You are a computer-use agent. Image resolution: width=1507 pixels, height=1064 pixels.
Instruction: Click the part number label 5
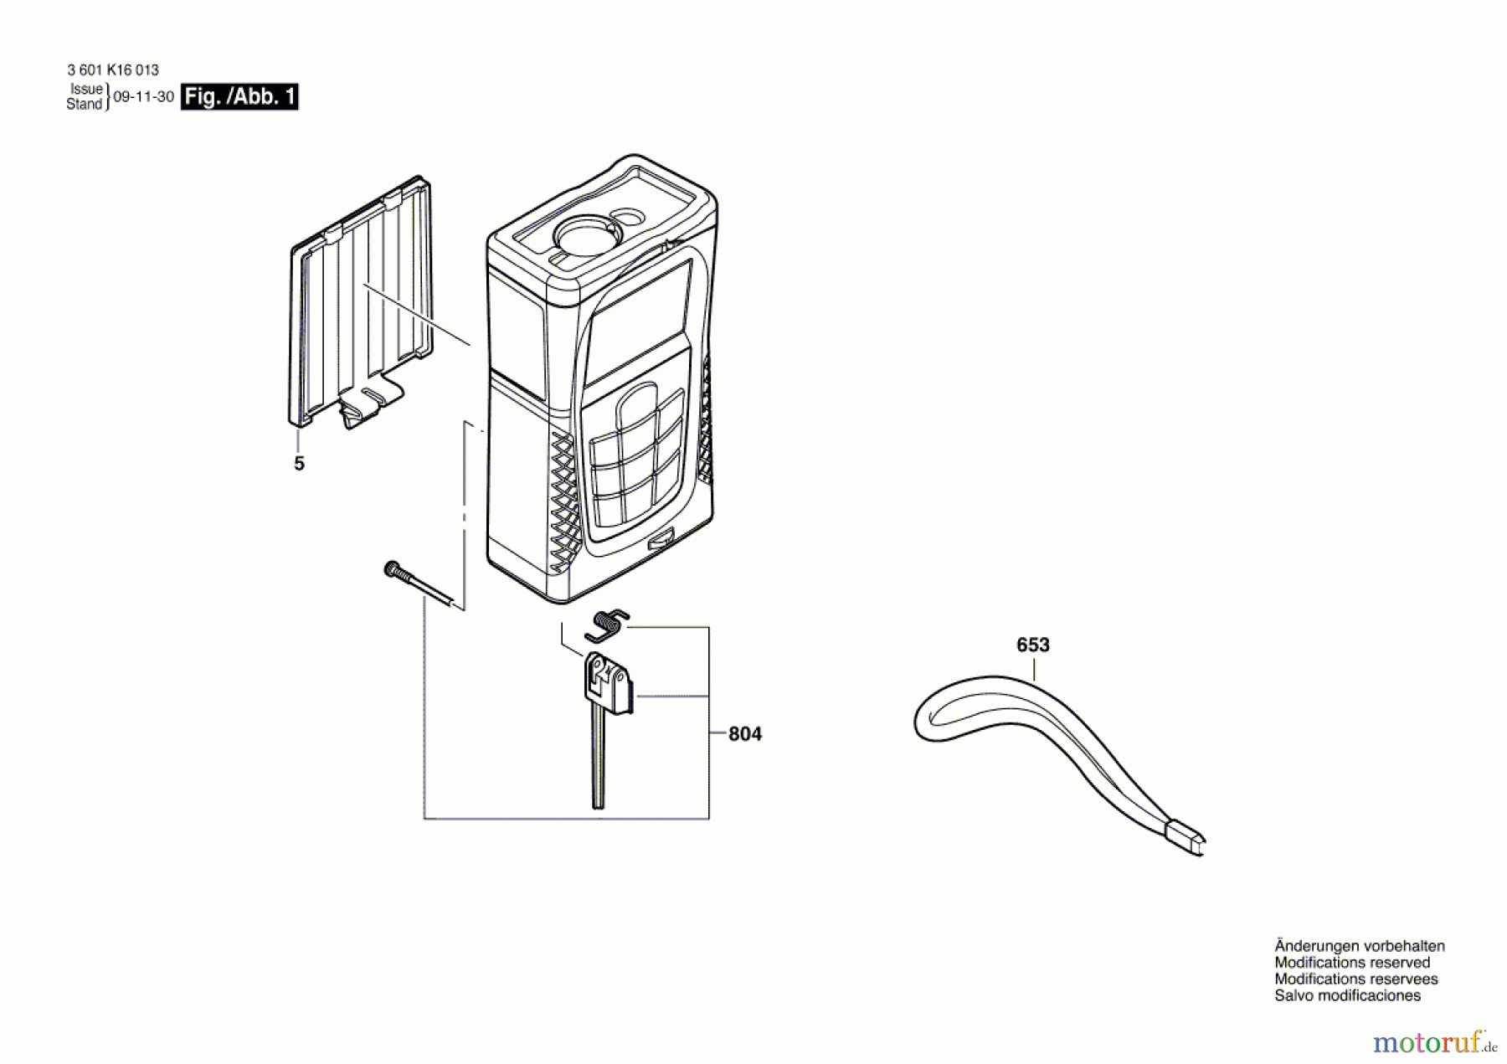tap(299, 463)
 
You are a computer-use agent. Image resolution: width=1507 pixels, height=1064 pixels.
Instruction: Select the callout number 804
tap(745, 734)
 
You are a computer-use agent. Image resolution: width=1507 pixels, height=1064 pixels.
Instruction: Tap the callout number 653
tap(1032, 645)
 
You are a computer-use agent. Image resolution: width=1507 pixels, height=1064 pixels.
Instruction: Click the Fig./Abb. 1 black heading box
tap(239, 96)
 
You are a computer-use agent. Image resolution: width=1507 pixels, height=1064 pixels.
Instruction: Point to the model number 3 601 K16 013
tap(113, 70)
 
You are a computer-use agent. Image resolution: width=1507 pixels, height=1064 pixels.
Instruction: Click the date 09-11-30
tap(144, 96)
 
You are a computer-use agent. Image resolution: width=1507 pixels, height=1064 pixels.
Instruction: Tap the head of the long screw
tap(391, 569)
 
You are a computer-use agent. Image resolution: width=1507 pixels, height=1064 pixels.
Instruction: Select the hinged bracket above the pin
tap(609, 683)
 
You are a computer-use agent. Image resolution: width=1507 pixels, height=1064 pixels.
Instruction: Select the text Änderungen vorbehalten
tap(1360, 946)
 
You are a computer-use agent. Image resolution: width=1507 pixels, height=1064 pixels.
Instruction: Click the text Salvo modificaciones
tap(1347, 995)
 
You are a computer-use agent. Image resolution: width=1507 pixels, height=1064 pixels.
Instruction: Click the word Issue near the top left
tap(86, 89)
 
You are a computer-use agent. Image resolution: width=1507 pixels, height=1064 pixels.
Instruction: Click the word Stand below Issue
tap(84, 104)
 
